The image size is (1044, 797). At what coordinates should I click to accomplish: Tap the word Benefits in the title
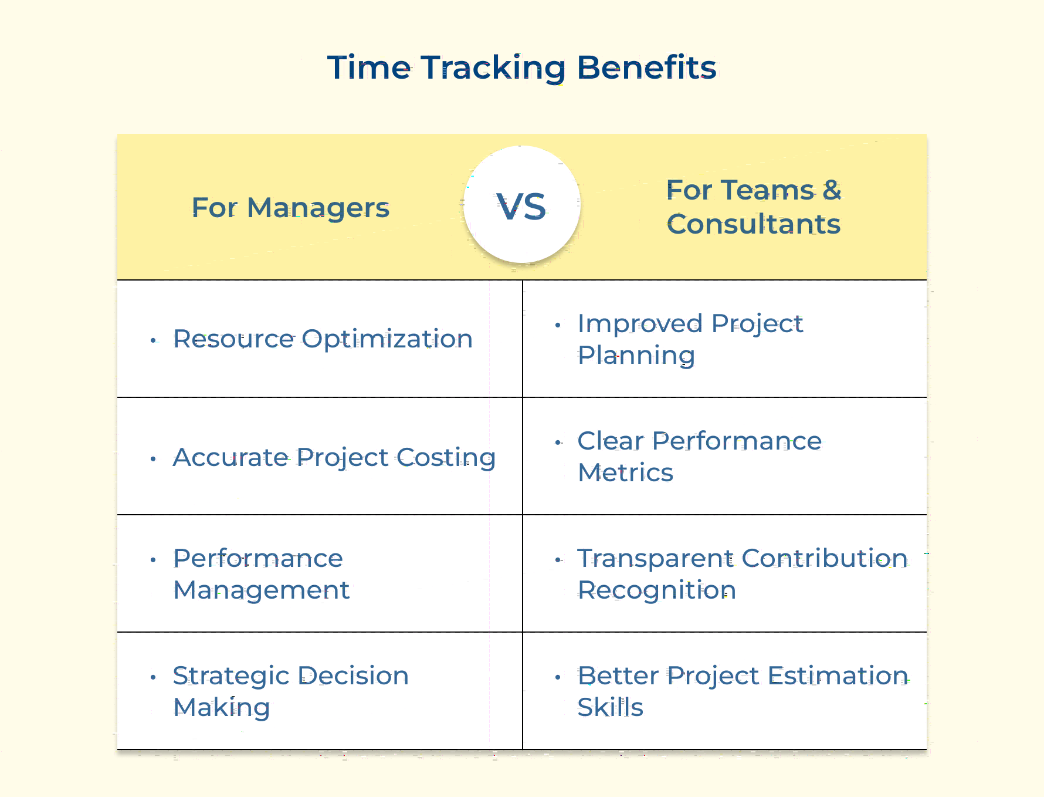(646, 67)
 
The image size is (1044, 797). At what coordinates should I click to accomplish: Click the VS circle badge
(522, 204)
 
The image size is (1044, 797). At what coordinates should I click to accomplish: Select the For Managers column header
(290, 208)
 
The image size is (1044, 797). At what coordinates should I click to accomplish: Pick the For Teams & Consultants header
(754, 207)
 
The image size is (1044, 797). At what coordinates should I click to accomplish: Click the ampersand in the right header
(832, 190)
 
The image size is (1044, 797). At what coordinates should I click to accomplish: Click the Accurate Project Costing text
(334, 458)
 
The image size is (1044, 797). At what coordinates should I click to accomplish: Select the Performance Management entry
(261, 574)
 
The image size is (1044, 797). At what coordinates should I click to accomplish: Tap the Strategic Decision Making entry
(291, 691)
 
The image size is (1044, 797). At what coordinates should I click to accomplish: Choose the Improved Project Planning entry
(690, 339)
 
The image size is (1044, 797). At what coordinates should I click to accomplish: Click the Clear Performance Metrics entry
(700, 457)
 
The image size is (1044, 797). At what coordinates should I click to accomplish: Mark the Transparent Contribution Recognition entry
(743, 574)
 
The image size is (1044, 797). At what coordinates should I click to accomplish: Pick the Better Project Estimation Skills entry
(743, 691)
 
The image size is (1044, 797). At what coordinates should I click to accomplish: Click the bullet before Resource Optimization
(153, 340)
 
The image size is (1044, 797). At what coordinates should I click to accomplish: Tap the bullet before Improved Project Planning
(558, 325)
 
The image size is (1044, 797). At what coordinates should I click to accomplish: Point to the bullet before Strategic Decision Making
(153, 677)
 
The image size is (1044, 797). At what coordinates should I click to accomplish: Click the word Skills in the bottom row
(611, 707)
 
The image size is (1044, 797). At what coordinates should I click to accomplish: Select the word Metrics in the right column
(626, 472)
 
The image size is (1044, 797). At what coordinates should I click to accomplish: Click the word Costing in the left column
(446, 458)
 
